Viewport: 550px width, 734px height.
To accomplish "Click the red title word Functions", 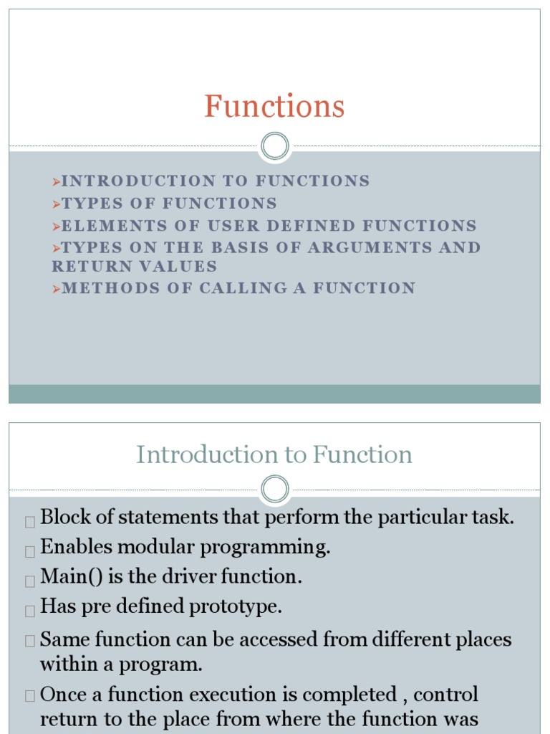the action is tap(274, 106).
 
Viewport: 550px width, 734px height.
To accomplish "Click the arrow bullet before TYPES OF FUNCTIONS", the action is tap(57, 204).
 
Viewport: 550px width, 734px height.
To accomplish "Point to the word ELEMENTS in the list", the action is tap(114, 226).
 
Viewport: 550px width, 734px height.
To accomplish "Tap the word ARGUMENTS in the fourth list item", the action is tap(370, 247).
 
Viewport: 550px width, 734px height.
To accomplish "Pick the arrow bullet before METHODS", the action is tap(57, 289).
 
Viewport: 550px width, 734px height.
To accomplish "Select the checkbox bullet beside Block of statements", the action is tap(30, 522).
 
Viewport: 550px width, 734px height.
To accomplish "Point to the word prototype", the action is tap(235, 606).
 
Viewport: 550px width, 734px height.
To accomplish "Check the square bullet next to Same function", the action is tap(30, 640).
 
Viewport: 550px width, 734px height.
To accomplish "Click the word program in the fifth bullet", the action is tap(160, 665).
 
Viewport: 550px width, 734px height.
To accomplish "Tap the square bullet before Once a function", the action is tap(30, 695).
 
